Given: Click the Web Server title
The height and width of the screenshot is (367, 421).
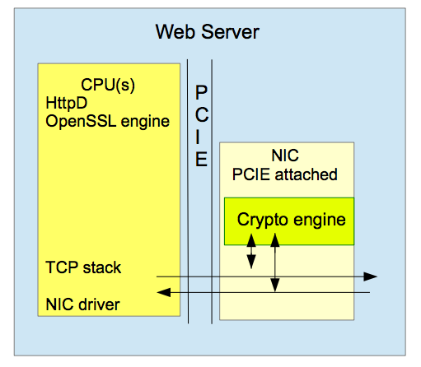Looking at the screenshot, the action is pos(208,32).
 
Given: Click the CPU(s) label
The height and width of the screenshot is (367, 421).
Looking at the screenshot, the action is pos(108,85).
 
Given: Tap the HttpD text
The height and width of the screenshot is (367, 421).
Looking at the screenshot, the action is pos(67,104).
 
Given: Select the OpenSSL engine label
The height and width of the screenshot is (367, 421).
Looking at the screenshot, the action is pos(108,122).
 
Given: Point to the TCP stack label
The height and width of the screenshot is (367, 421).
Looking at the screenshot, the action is pos(83,267).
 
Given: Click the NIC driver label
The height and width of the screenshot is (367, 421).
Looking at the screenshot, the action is pos(82,304).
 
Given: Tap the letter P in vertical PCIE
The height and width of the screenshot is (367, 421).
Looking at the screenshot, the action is pos(201,92).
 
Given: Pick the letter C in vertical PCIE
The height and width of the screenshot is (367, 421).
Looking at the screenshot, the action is pos(202,114).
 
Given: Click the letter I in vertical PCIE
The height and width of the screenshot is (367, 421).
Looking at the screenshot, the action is pos(198,137).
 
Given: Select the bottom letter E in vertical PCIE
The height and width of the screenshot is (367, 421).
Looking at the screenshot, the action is pos(201,159).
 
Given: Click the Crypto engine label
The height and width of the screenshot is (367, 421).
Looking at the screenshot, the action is pos(292,220).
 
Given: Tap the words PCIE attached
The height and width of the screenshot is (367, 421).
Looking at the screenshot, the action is pos(285,174).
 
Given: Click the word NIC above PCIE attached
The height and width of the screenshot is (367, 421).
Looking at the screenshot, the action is pos(285,156).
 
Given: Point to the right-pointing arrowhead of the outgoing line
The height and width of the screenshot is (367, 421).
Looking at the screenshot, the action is pos(370,276).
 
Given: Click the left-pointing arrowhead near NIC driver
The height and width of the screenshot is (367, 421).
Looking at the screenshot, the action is pos(164,292).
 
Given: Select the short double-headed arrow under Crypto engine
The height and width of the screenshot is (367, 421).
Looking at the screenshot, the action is pos(251,251).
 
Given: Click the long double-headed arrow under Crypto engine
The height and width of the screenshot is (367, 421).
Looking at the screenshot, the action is pos(275,262).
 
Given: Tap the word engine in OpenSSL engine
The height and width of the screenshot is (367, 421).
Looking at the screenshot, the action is pos(145,122).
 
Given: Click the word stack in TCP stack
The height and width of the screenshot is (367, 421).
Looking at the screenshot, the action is pos(102,267).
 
